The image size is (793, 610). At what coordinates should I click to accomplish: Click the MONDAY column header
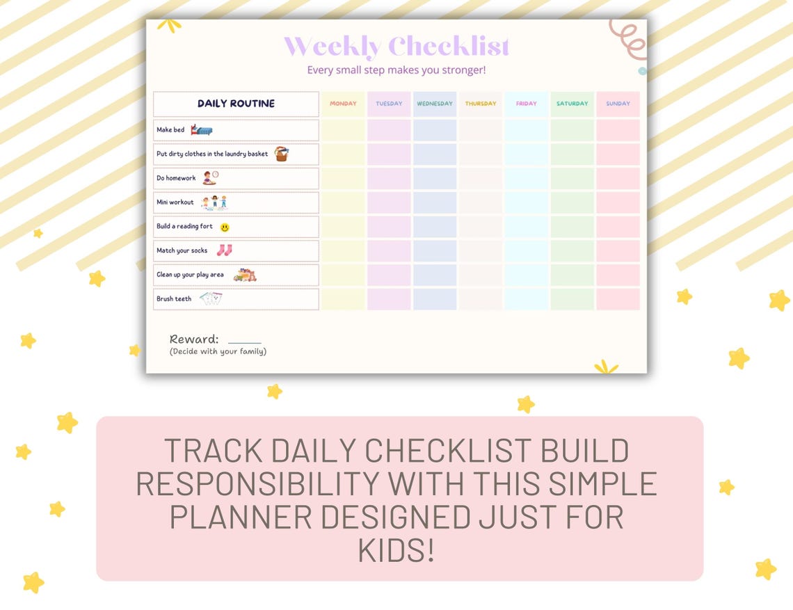point(343,104)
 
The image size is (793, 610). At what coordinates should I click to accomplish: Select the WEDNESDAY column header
point(435,104)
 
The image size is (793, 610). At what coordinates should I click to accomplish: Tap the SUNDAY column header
point(618,104)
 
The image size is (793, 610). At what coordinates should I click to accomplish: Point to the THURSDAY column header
point(481,104)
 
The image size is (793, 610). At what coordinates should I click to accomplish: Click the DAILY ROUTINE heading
point(236,104)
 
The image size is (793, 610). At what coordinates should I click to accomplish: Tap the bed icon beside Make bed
point(202,130)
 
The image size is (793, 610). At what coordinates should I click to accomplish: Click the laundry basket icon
point(281,154)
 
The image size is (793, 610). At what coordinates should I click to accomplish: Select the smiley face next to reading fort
point(225,227)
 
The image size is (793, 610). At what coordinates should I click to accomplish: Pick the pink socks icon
point(224,250)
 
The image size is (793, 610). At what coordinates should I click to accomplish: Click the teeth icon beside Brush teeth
point(211,299)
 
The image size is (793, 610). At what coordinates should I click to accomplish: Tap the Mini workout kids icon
point(214,202)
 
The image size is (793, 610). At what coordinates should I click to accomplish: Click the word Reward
point(194,339)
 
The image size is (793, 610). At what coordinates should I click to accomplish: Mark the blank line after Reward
point(244,342)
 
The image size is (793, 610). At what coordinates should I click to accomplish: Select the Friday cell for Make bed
point(527,130)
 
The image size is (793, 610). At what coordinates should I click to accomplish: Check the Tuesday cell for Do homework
point(389,178)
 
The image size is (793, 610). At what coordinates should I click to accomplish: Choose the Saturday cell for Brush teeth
point(572,299)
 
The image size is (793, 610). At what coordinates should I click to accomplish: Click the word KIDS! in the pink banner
point(397,551)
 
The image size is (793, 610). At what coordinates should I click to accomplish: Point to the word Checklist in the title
point(449,47)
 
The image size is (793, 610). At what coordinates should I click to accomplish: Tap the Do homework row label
point(177,179)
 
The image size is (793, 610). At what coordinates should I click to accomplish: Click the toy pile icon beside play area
point(244,275)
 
